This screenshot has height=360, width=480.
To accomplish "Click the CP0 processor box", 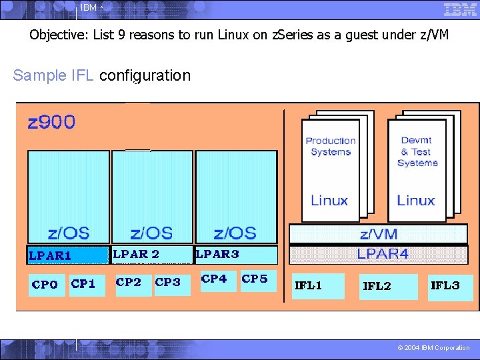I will coord(45,285).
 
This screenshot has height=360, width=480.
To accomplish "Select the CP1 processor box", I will coord(84,285).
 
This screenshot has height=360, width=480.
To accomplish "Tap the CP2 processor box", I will coord(129,283).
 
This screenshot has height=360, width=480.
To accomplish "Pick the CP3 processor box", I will coord(169,283).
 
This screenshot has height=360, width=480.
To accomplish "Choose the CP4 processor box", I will coord(215,280).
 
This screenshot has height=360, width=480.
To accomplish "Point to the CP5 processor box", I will coord(255,280).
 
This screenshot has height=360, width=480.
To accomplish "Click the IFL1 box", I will coord(318,287).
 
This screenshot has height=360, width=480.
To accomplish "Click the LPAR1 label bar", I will coord(67,255).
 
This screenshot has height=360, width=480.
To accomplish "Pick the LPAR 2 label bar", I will coord(151,254).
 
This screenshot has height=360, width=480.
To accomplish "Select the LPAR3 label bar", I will coord(235,254).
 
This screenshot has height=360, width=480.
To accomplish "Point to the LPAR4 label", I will coord(383,254).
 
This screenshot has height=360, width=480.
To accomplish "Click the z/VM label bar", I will coord(378,233).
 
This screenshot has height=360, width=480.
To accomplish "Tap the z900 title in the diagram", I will coord(51,123).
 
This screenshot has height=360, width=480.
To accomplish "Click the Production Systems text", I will coord(330,146).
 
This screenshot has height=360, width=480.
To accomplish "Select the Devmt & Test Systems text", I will coord(417,151).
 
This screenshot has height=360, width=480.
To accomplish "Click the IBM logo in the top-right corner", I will coord(460,9).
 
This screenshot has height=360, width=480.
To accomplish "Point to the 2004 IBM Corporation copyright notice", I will coord(433,348).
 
